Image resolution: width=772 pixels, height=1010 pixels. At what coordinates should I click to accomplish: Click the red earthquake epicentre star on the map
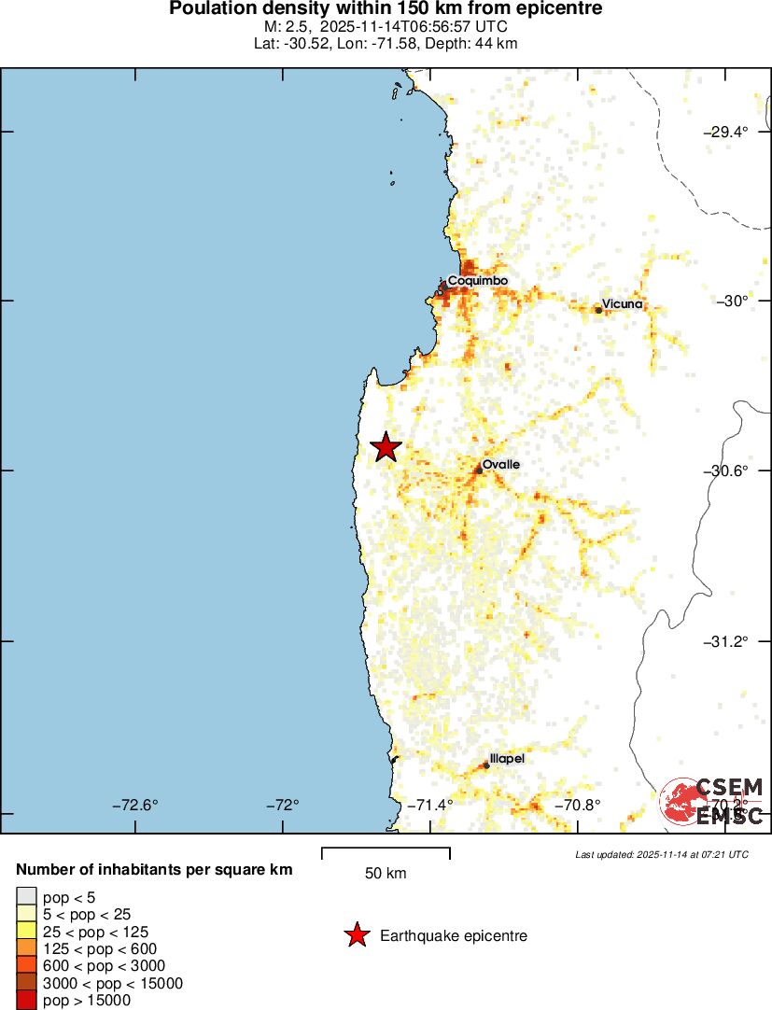tap(386, 447)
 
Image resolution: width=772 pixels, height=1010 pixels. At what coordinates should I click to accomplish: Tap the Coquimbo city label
tap(477, 280)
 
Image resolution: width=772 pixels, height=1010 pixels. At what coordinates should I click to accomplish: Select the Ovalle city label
tap(500, 464)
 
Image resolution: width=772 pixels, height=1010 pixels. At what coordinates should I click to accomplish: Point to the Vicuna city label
tap(622, 303)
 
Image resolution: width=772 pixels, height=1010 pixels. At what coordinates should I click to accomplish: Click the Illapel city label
tap(507, 759)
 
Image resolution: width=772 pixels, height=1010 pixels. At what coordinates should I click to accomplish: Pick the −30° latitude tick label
tap(733, 301)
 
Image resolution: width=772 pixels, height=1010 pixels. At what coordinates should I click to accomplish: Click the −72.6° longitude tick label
tap(135, 805)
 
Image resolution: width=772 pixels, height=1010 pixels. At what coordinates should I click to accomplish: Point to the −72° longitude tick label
tap(282, 805)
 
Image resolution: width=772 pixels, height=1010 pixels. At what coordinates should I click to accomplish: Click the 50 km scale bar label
tap(386, 874)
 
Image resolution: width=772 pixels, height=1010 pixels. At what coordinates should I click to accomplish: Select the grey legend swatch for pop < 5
tap(26, 898)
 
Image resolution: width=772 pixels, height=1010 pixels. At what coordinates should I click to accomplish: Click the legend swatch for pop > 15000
tap(26, 1001)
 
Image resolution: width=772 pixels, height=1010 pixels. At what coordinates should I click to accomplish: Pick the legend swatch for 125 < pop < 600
tap(26, 949)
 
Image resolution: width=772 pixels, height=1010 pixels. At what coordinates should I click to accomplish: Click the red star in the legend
tap(356, 935)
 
